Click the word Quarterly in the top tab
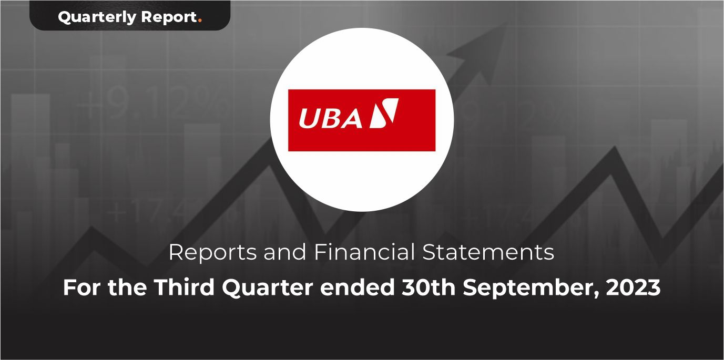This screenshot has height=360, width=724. (x=97, y=17)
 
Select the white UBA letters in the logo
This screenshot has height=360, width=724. (x=330, y=118)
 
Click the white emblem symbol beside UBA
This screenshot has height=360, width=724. (x=384, y=113)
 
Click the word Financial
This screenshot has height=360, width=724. (x=364, y=252)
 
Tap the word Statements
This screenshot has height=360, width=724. (x=488, y=252)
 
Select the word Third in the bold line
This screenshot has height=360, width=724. (x=184, y=287)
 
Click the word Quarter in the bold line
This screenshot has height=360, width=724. (x=267, y=287)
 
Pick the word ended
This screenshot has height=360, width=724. (x=357, y=287)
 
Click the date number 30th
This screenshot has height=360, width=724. (x=429, y=287)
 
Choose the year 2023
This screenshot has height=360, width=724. (x=633, y=287)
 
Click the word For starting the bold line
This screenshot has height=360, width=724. (x=82, y=287)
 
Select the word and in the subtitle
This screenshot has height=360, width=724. (x=285, y=252)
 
